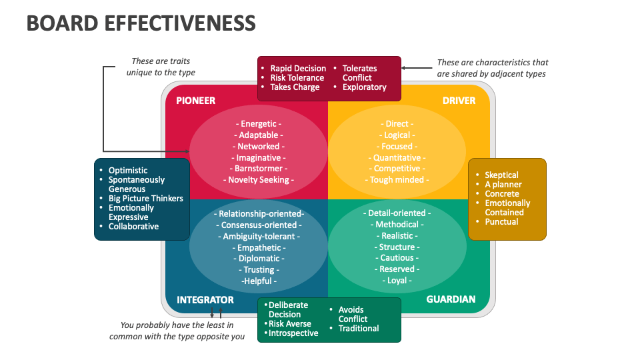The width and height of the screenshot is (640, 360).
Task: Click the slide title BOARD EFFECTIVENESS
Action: point(141,23)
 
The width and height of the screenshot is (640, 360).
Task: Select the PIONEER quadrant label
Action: point(195,101)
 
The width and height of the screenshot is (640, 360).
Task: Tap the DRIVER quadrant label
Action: point(459,101)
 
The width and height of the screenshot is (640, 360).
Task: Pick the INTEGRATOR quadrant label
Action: point(205,300)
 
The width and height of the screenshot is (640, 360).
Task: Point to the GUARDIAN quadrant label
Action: point(451,300)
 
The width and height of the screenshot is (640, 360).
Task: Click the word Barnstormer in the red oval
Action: point(259,169)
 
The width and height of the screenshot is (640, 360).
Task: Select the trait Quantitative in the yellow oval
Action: point(397,158)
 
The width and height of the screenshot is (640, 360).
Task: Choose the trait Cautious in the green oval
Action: point(397,258)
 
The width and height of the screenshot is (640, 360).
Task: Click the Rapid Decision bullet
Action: point(297,69)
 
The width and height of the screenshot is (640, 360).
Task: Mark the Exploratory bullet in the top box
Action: point(364,87)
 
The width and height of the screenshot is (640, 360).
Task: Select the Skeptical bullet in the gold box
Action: point(501,175)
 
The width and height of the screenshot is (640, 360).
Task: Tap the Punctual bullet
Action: point(501,222)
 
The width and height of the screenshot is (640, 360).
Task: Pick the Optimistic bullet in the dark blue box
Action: point(128,171)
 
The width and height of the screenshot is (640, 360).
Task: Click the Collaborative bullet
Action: point(133,227)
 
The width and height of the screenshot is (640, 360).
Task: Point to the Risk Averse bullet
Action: point(289,324)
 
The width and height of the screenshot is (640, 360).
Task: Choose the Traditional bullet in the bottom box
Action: point(358,329)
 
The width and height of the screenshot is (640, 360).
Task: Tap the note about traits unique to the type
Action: point(161,67)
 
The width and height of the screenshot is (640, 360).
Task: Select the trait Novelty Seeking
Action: point(259,180)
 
